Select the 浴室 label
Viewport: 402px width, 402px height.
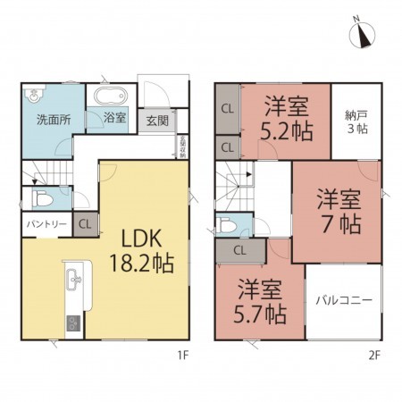coord(114,118)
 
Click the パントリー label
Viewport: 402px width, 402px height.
coord(45,224)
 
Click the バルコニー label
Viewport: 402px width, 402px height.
coord(344,300)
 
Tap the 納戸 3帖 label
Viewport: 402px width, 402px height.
coord(357,121)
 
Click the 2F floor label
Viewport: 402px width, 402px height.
coord(374,356)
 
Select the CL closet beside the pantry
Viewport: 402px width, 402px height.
coord(85,224)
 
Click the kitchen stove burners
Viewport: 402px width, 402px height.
coord(71,322)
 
